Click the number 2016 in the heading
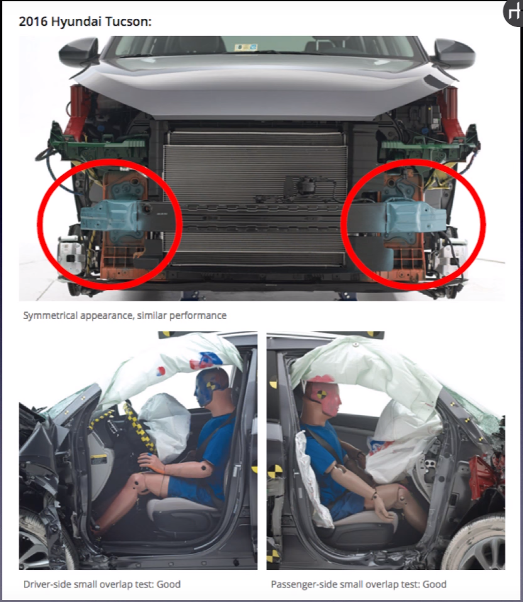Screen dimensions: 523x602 pos(33,21)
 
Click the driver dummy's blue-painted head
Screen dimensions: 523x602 pos(211,387)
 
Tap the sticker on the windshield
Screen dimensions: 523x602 pos(246,47)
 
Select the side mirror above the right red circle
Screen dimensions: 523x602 pos(454,53)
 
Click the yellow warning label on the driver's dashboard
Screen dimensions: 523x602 pos(99,459)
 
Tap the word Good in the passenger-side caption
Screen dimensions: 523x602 pos(434,584)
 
